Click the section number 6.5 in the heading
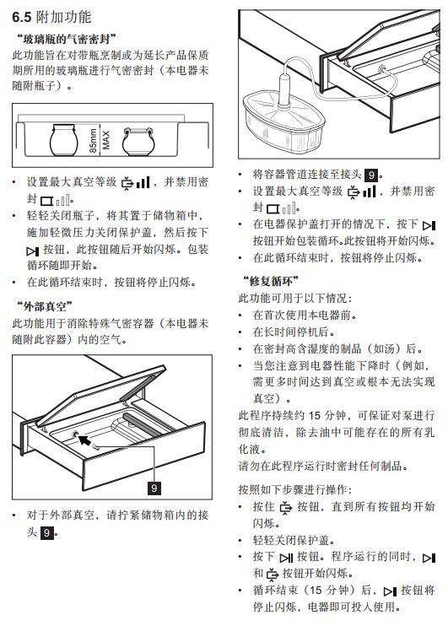pyautogui.click(x=22, y=17)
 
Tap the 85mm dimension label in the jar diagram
pyautogui.click(x=93, y=141)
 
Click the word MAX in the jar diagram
pyautogui.click(x=105, y=141)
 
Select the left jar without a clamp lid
pyautogui.click(x=63, y=140)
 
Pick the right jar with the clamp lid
pyautogui.click(x=138, y=142)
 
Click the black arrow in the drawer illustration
pyautogui.click(x=84, y=440)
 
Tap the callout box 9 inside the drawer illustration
pyautogui.click(x=154, y=488)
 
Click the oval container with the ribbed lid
pyautogui.click(x=283, y=121)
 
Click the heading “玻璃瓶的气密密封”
pyautogui.click(x=67, y=39)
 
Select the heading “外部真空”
pyautogui.click(x=45, y=306)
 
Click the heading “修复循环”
pyautogui.click(x=271, y=281)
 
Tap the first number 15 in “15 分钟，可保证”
pyautogui.click(x=315, y=415)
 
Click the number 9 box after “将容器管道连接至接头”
pyautogui.click(x=371, y=175)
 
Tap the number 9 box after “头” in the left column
pyautogui.click(x=46, y=532)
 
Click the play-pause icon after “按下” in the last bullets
pyautogui.click(x=286, y=558)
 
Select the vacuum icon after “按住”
pyautogui.click(x=286, y=507)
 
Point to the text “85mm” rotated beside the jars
pyautogui.click(x=93, y=141)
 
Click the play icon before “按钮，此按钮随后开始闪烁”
pyautogui.click(x=33, y=251)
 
